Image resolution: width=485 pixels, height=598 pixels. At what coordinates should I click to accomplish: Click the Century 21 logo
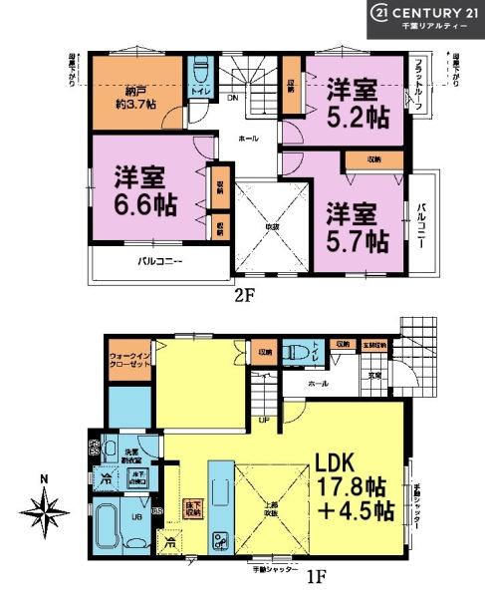pyautogui.click(x=425, y=18)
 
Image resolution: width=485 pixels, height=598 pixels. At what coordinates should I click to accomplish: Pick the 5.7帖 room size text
pyautogui.click(x=356, y=227)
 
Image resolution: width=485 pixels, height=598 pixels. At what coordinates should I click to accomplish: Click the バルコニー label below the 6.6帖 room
pyautogui.click(x=159, y=262)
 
